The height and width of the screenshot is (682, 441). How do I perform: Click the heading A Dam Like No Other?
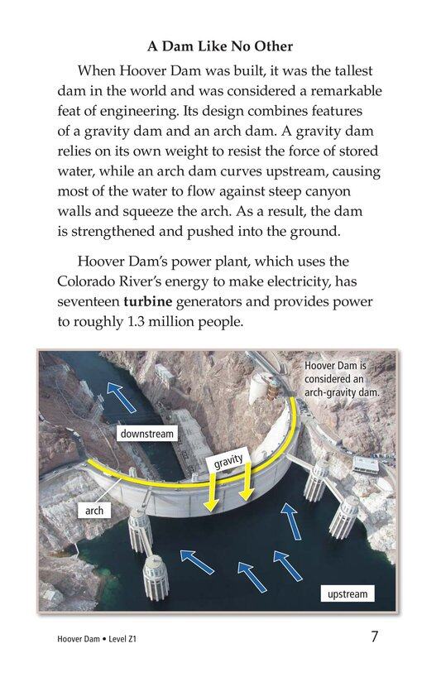(x=220, y=46)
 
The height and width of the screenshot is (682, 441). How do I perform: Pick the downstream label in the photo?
(x=147, y=434)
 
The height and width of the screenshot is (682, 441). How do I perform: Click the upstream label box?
(x=347, y=593)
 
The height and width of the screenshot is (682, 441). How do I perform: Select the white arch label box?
(x=94, y=511)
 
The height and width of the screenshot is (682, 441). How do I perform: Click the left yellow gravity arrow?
(x=212, y=492)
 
